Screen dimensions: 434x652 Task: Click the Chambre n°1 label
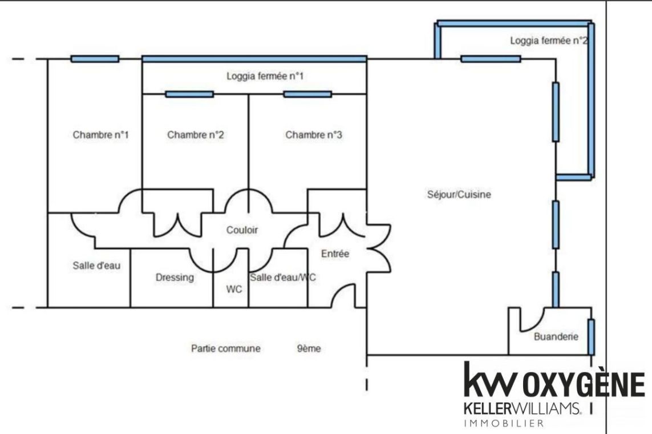(x=100, y=135)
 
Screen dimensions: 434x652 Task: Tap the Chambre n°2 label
(x=195, y=135)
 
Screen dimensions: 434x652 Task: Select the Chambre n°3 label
(x=314, y=135)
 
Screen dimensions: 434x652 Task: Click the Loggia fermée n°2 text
(x=548, y=41)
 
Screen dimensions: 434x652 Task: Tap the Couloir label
(x=242, y=230)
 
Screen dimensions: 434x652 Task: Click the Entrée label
(x=335, y=254)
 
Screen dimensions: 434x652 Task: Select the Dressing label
(x=175, y=278)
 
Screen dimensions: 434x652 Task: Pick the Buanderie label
(x=556, y=336)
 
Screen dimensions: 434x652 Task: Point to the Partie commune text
(x=226, y=348)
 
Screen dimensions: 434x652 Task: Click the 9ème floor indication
(x=309, y=348)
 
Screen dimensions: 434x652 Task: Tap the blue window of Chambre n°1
(x=95, y=59)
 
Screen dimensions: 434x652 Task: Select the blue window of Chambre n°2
(x=189, y=94)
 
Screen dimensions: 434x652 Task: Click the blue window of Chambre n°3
(x=307, y=94)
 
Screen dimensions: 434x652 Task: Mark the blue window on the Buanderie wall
(x=591, y=336)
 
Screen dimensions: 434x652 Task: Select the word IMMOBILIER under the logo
(x=504, y=423)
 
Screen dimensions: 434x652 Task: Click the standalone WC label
(x=234, y=289)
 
